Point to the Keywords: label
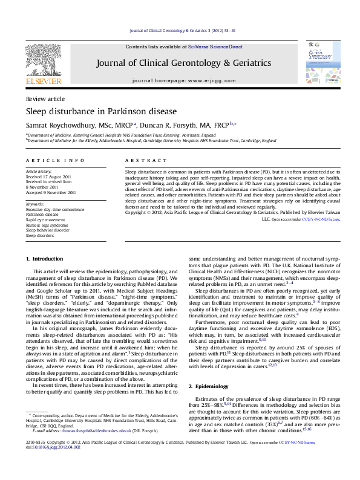(x=35, y=204)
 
